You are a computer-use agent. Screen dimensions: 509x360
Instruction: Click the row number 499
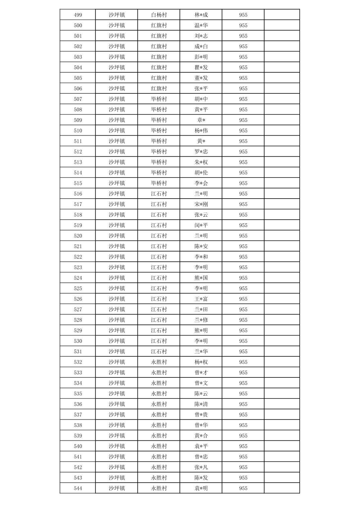click(78, 15)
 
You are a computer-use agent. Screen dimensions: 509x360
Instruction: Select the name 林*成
click(201, 15)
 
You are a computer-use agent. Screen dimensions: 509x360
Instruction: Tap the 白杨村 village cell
click(159, 15)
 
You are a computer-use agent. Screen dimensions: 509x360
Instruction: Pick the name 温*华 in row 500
click(201, 25)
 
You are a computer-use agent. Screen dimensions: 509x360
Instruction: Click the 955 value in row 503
click(243, 57)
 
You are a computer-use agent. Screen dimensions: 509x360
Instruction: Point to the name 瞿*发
click(201, 67)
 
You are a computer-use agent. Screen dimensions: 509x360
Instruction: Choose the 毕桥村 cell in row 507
click(159, 99)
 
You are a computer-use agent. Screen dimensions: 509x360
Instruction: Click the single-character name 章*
click(201, 120)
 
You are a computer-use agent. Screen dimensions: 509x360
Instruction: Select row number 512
click(78, 152)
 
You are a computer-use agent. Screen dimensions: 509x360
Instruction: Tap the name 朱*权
click(201, 162)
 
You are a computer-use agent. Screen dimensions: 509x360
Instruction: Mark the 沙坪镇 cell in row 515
click(117, 183)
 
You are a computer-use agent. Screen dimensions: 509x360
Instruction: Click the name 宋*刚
click(201, 204)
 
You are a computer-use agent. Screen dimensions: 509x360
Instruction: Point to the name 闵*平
click(201, 225)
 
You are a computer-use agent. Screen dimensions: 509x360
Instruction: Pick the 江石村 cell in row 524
click(159, 278)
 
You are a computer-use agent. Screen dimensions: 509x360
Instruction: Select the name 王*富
click(201, 299)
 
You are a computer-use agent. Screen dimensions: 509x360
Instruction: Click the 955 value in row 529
click(243, 331)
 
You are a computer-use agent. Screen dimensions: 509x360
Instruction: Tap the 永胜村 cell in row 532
click(159, 362)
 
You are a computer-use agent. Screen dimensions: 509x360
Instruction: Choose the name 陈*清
click(201, 404)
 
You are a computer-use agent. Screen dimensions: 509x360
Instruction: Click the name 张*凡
click(201, 467)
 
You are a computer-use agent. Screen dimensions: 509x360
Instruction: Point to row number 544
click(78, 488)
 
